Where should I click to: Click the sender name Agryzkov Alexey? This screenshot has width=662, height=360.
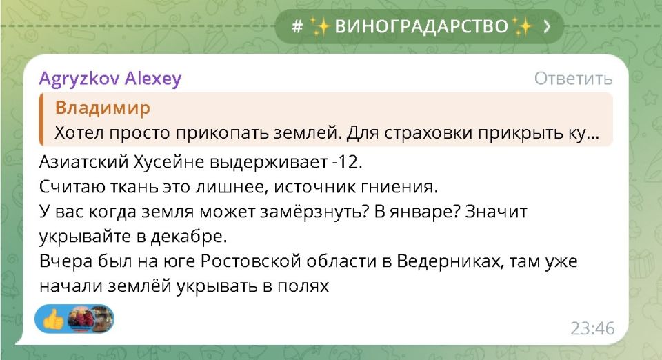110,79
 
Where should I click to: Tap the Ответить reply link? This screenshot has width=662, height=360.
573,79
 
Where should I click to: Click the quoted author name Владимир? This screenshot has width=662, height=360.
102,108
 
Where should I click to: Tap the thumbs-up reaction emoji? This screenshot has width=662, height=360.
53,318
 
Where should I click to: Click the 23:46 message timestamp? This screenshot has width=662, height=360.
592,328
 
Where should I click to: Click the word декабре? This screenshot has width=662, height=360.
192,235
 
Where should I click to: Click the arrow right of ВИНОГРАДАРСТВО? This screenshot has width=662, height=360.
547,27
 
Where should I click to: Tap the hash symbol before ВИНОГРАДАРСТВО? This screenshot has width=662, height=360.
297,27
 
